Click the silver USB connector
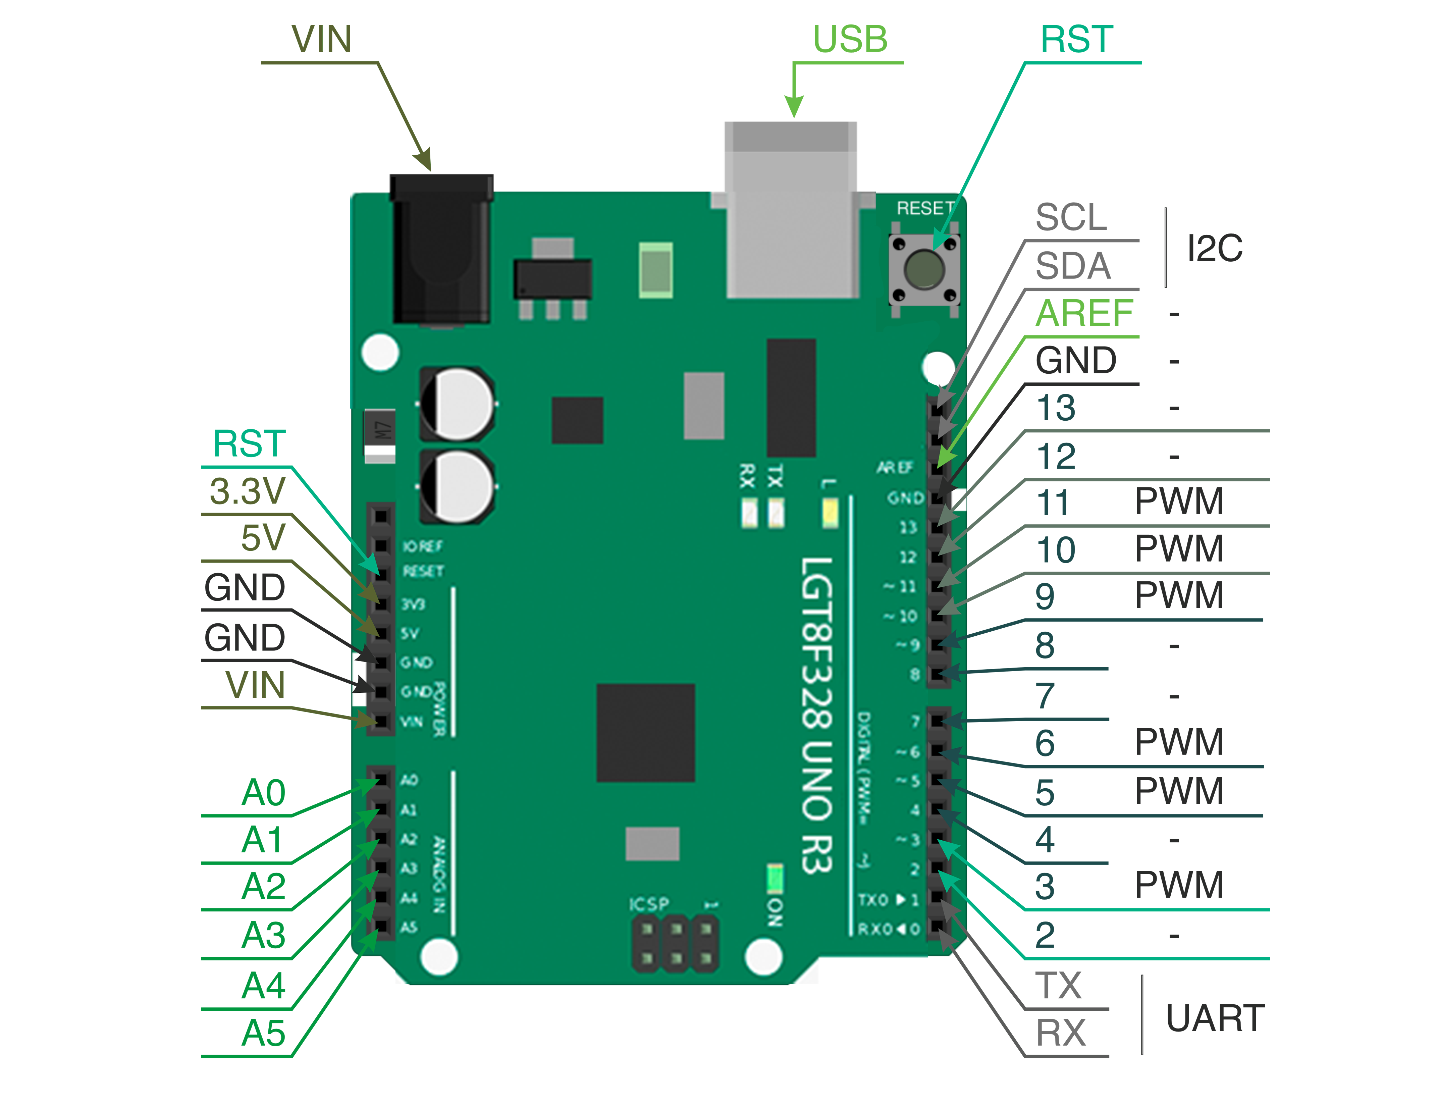[791, 210]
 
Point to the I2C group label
[1214, 249]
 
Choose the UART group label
[1214, 1018]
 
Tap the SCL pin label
[1071, 217]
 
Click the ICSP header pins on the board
[675, 944]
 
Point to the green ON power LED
[775, 878]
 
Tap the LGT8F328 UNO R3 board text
[817, 715]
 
